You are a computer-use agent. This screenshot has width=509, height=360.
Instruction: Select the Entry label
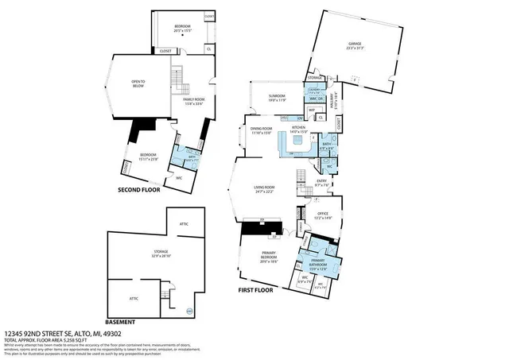(321, 182)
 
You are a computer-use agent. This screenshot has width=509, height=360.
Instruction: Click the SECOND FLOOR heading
(139, 190)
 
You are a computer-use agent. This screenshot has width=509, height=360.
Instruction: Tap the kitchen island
(299, 141)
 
